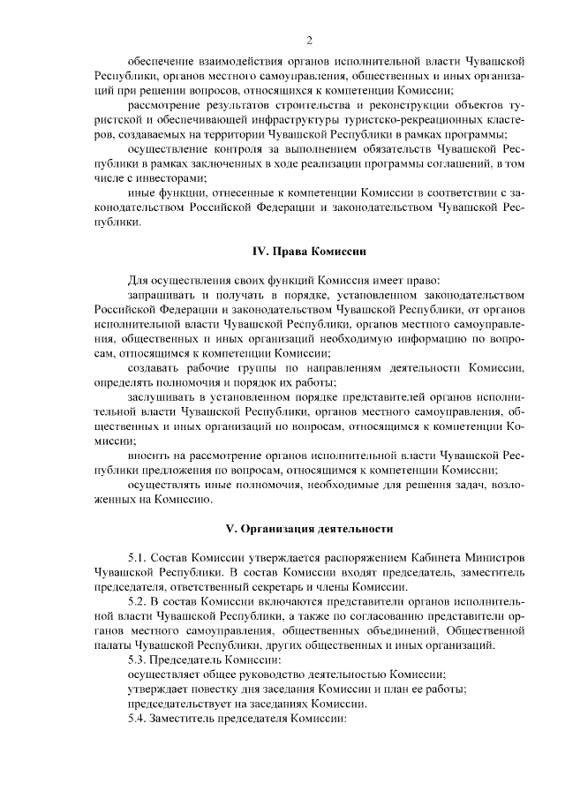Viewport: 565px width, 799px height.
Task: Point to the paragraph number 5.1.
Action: tap(138, 558)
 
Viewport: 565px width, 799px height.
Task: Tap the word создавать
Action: tap(154, 366)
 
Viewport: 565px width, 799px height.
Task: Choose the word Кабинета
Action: tap(423, 558)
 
